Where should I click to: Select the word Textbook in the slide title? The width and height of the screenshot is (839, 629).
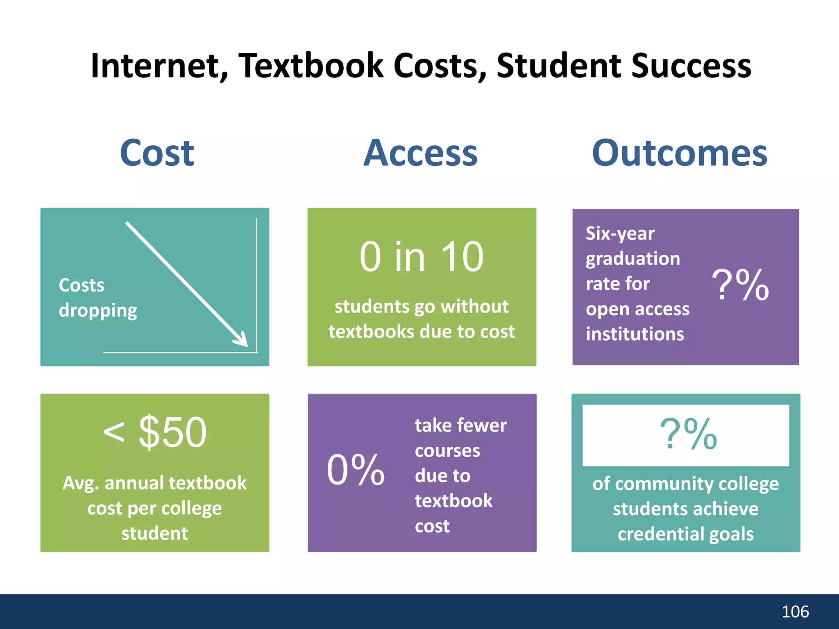click(x=311, y=66)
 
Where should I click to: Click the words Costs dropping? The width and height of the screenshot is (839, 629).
click(x=98, y=298)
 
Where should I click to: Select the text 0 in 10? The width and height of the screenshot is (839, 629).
click(x=422, y=257)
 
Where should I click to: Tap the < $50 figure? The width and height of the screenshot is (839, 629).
click(x=155, y=432)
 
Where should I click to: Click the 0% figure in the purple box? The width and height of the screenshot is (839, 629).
click(x=356, y=471)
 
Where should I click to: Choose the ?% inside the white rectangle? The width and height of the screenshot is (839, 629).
click(x=688, y=434)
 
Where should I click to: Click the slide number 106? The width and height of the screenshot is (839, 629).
click(x=795, y=612)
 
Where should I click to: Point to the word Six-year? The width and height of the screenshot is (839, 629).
click(x=620, y=233)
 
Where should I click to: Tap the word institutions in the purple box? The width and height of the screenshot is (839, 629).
click(x=635, y=334)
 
